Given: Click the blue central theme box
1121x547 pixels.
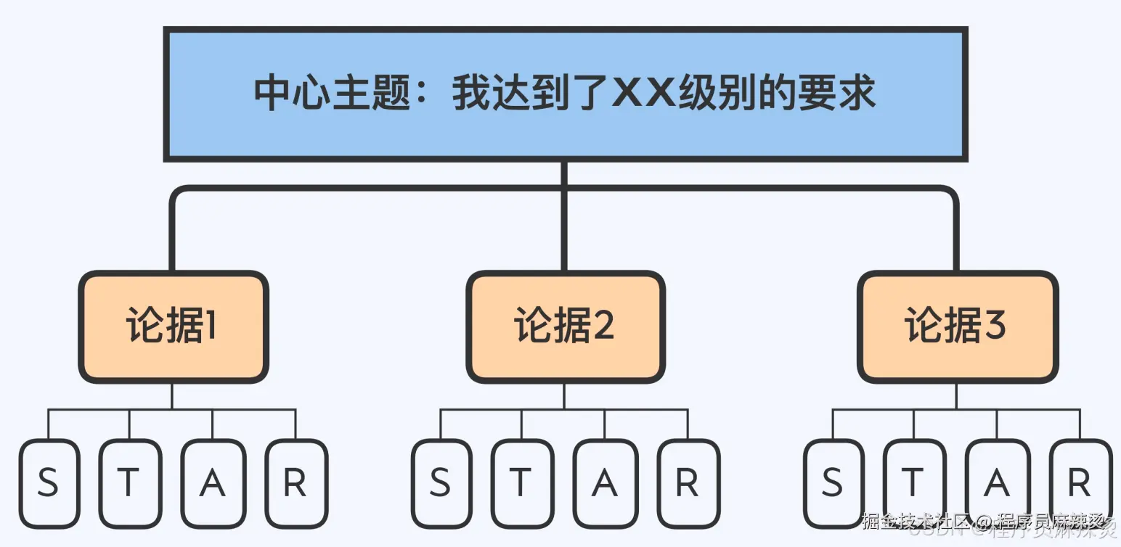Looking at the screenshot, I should pyautogui.click(x=565, y=94).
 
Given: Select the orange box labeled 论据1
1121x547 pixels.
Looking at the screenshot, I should pyautogui.click(x=173, y=326).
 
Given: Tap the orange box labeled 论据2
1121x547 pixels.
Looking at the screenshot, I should pyautogui.click(x=565, y=326).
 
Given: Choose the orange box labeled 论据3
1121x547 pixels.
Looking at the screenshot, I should pyautogui.click(x=957, y=326).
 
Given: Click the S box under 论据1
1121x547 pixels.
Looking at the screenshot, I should pyautogui.click(x=49, y=483).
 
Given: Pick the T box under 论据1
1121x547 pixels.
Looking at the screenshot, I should pyautogui.click(x=129, y=483).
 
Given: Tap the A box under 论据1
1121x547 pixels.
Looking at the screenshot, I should pyautogui.click(x=213, y=483).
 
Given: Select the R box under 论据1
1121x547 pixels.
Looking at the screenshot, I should pyautogui.click(x=295, y=483).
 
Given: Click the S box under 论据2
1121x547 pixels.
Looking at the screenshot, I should pyautogui.click(x=441, y=483).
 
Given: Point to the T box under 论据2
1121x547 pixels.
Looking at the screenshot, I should pyautogui.click(x=521, y=483).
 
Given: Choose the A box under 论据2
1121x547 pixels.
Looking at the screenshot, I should pyautogui.click(x=605, y=483).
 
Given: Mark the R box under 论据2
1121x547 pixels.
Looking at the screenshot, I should pyautogui.click(x=688, y=483).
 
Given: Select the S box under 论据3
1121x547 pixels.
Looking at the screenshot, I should pyautogui.click(x=833, y=483).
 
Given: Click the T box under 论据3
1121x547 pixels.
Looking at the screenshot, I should pyautogui.click(x=913, y=483).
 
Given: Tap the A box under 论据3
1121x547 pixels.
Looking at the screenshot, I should pyautogui.click(x=997, y=483).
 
